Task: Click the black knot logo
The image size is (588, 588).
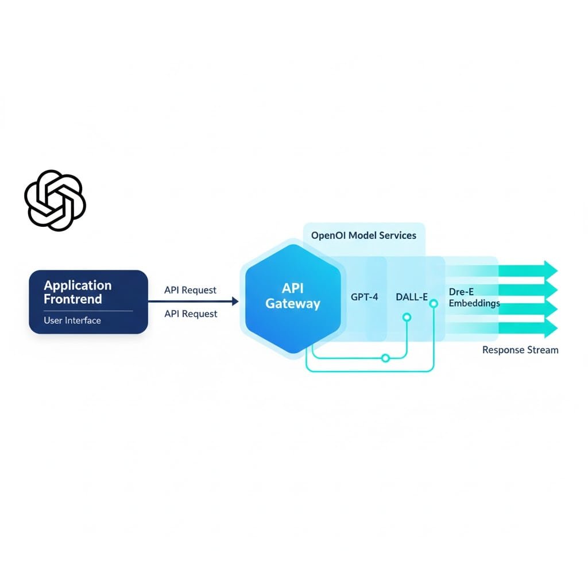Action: click(55, 200)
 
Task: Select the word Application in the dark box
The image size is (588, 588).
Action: click(78, 285)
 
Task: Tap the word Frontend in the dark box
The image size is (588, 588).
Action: click(73, 299)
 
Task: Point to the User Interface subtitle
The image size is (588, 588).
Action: click(72, 320)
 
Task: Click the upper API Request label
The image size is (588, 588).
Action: click(191, 290)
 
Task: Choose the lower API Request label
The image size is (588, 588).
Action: click(191, 314)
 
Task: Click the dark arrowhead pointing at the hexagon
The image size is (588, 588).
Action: click(234, 301)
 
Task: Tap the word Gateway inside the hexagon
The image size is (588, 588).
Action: click(293, 304)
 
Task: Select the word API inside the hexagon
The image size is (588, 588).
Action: click(293, 288)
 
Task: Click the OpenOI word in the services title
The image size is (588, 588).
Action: click(329, 235)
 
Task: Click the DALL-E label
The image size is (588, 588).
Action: click(412, 297)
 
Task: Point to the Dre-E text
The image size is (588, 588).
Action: click(461, 292)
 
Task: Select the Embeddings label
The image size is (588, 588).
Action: click(474, 303)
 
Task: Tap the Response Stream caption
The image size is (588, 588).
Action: click(520, 350)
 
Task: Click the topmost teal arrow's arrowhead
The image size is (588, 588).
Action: click(551, 269)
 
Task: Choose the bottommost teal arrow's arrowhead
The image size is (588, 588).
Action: click(551, 328)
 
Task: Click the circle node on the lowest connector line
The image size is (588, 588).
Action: click(386, 358)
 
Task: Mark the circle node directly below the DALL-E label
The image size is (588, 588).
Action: click(407, 317)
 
